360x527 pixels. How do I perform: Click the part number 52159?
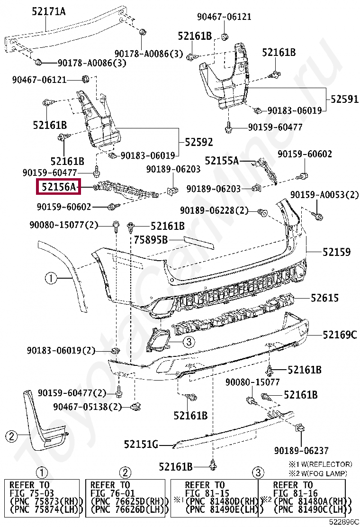coord(337,252)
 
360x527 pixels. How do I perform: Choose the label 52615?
coord(324,298)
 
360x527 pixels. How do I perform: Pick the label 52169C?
coord(340,335)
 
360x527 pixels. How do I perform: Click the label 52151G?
coord(141,445)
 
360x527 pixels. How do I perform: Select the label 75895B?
coord(151,240)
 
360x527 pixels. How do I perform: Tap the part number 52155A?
coord(222,160)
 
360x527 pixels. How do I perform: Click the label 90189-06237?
coord(301,450)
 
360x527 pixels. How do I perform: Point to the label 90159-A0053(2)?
coord(324,195)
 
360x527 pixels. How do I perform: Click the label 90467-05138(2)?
coord(88,407)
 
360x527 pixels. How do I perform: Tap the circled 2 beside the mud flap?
coord(12,436)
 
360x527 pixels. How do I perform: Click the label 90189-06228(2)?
coord(214,210)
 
